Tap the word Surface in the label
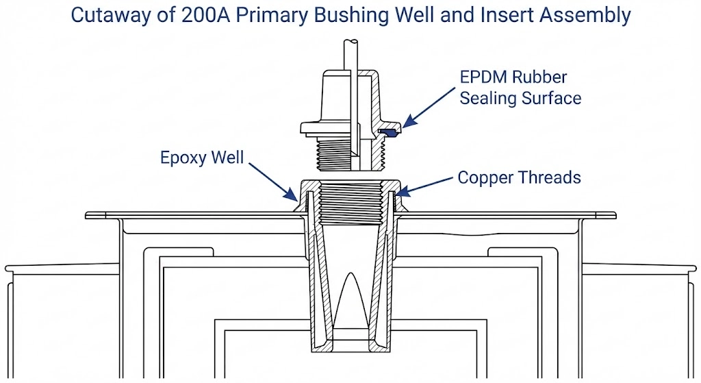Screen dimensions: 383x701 point(551,98)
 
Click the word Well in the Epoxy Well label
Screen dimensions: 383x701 point(227,157)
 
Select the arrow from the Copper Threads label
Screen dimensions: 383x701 point(425,183)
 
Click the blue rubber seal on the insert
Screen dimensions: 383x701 point(387,129)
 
